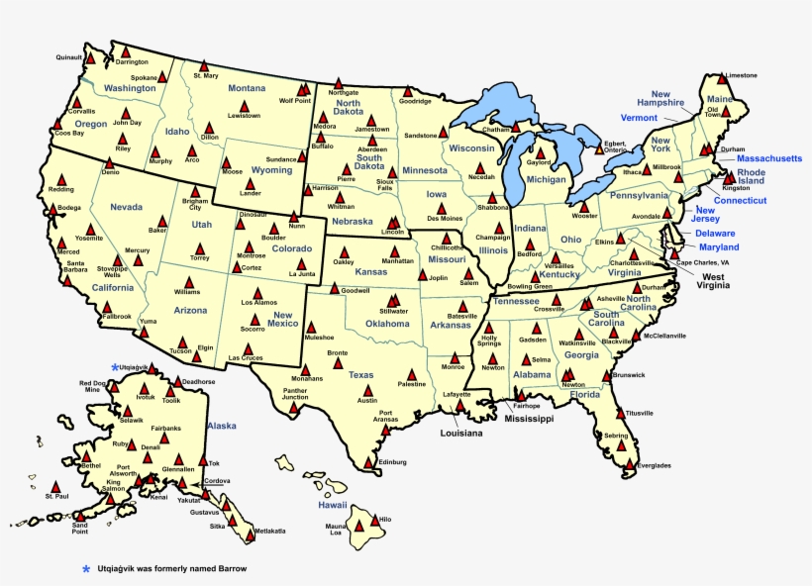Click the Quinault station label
(x=68, y=57)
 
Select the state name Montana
(x=247, y=88)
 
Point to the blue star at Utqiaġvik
(x=115, y=367)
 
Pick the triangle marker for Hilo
(x=372, y=517)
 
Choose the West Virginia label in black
(x=711, y=279)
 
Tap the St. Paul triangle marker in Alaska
(x=53, y=487)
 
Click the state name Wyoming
(x=271, y=169)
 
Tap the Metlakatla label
(x=269, y=531)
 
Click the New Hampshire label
(x=660, y=98)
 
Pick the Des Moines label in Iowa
(x=445, y=218)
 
